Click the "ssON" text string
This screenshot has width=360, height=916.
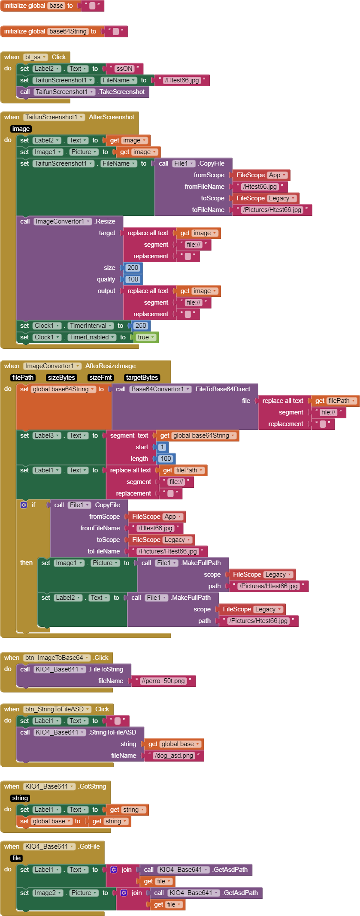tap(124, 69)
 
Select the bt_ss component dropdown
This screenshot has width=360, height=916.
tap(35, 57)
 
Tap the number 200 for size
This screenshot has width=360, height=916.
tap(133, 268)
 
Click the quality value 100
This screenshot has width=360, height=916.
tap(133, 279)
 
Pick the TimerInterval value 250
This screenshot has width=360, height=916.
tap(141, 326)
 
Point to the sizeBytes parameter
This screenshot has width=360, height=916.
tap(62, 378)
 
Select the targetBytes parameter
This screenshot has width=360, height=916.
tap(142, 378)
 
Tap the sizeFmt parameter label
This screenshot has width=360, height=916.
tap(100, 378)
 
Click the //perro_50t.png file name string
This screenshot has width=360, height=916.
tap(163, 681)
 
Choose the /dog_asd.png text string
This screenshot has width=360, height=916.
tap(174, 756)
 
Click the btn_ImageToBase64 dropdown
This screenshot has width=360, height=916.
tap(57, 658)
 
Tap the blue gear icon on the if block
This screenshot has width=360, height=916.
tap(24, 505)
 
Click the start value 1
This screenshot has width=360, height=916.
tap(162, 447)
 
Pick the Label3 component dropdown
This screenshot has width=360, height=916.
tap(47, 435)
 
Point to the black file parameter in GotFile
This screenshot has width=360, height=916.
tap(17, 858)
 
